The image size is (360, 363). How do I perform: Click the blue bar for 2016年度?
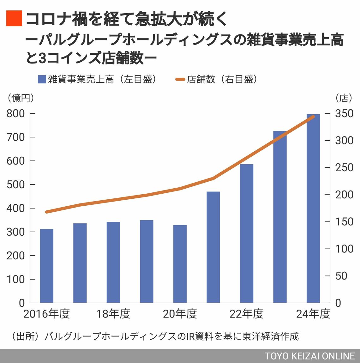tap(46, 266)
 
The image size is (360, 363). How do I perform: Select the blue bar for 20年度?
tap(180, 264)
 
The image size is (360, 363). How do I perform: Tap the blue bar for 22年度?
tap(247, 233)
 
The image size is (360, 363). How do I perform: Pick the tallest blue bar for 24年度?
tap(313, 209)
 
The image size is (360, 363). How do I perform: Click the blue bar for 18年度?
tap(113, 262)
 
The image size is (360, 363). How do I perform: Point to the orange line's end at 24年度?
tap(313, 117)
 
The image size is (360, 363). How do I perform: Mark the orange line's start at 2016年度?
tap(47, 212)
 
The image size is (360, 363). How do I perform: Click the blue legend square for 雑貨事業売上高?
tap(42, 79)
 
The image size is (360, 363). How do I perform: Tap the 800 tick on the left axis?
tap(16, 113)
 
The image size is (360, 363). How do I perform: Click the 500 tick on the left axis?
tap(16, 185)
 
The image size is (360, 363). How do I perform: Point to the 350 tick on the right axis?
tap(344, 113)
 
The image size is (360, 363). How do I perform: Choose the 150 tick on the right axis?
tap(344, 222)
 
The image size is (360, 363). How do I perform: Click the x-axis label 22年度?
tap(247, 314)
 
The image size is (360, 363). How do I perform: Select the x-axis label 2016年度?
tap(46, 314)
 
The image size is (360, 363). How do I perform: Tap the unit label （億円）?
tap(21, 98)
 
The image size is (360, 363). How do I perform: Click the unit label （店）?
tap(344, 98)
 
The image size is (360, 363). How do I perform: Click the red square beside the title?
tap(14, 18)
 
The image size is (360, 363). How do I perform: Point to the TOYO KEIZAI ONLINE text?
tap(310, 356)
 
